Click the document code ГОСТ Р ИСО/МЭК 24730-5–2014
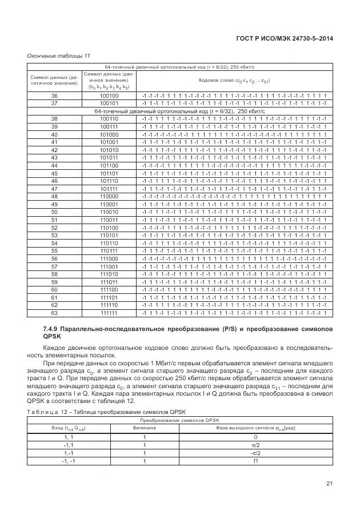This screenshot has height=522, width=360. (285, 38)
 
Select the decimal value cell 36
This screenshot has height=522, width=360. (54, 95)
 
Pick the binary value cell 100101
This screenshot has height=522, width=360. (109, 103)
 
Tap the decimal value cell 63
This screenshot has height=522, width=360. (54, 313)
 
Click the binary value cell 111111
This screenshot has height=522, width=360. (109, 313)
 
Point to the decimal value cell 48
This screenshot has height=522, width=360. (54, 197)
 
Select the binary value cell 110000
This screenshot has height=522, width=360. (109, 197)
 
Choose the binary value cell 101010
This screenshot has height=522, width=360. (109, 150)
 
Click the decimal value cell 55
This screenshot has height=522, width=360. (54, 251)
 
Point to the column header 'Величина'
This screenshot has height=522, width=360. (145, 428)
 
